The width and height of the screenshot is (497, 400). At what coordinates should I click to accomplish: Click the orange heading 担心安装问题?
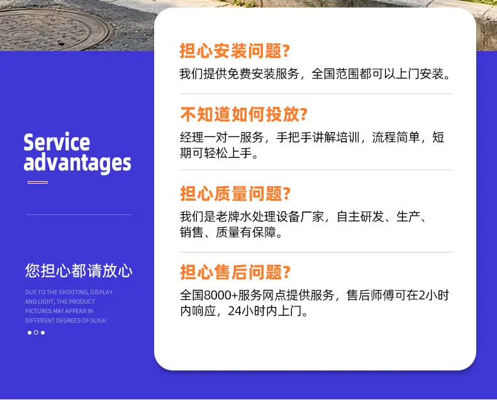pos(235,51)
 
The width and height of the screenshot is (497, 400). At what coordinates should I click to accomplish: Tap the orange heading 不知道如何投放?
pos(243,114)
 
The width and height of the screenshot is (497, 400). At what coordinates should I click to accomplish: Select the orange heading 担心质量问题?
pos(235,193)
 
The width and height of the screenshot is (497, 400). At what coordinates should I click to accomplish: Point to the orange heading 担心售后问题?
pos(235,272)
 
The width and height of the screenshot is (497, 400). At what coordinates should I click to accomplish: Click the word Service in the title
pos(57,142)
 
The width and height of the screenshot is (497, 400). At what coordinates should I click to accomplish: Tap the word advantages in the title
pos(77,163)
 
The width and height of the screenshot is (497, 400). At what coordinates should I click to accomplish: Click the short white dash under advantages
pos(38,182)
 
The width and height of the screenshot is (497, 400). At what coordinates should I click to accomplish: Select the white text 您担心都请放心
pos(79,270)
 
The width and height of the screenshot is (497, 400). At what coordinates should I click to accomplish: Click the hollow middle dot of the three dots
pos(36,333)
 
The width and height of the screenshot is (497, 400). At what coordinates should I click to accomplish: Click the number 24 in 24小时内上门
pos(235,311)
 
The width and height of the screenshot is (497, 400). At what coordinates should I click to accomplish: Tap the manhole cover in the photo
pos(55,29)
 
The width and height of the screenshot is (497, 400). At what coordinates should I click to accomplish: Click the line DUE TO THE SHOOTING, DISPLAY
pos(69,292)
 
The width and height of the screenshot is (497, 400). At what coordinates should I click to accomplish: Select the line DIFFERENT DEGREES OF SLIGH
pos(65,321)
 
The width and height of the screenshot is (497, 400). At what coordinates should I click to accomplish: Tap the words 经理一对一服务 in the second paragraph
pos(222,138)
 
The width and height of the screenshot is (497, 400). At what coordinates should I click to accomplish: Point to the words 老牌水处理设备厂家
pos(270,217)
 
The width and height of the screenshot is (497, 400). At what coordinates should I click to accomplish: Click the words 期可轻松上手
pos(216,153)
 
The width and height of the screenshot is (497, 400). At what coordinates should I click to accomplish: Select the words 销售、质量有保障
pos(228,232)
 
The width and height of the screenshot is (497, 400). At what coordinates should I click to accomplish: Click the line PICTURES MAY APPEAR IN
pos(59,311)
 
